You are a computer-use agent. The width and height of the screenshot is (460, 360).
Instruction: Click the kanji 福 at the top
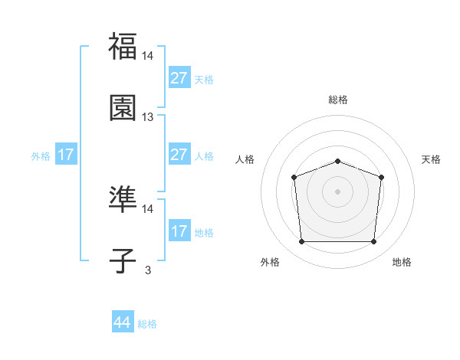click(x=123, y=46)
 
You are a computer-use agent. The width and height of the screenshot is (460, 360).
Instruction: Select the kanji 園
click(x=123, y=108)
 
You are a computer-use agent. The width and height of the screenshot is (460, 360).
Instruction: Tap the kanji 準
click(x=123, y=200)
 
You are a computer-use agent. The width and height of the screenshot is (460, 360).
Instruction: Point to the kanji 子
click(x=123, y=260)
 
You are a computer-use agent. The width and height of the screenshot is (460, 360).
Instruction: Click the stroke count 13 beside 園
click(x=148, y=117)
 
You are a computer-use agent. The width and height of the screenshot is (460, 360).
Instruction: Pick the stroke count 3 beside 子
click(x=148, y=270)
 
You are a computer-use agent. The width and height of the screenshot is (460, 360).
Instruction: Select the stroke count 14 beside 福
click(x=148, y=56)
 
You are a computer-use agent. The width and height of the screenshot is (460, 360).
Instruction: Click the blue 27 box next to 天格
click(x=179, y=77)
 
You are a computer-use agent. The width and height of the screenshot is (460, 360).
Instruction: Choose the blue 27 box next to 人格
click(x=179, y=154)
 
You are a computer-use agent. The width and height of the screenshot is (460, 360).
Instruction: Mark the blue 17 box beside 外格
click(x=66, y=154)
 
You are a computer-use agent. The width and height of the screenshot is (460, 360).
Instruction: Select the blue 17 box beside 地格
click(x=179, y=231)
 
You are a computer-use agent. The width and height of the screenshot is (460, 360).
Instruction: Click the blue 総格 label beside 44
click(x=147, y=324)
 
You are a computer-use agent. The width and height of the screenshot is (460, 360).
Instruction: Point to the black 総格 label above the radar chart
click(x=338, y=100)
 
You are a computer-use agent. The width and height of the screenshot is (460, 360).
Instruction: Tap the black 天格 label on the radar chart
click(x=432, y=159)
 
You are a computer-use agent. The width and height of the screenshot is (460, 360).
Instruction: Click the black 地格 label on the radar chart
click(x=402, y=262)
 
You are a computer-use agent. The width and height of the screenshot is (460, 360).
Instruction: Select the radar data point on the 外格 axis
click(x=301, y=242)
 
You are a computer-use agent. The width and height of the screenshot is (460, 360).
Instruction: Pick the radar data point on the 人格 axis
click(x=294, y=178)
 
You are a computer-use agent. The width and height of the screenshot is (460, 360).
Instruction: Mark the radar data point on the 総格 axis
click(x=337, y=161)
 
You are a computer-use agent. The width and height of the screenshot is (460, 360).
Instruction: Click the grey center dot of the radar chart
click(x=337, y=191)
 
